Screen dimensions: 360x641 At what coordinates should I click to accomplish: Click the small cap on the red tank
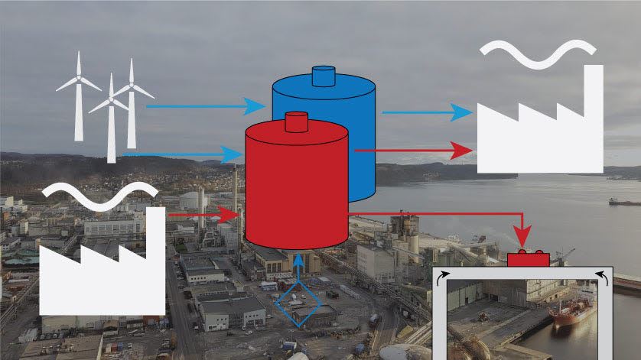(x=296, y=121)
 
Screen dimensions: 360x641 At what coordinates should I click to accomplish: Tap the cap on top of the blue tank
(x=324, y=76)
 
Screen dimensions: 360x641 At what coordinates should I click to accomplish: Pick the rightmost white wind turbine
(x=132, y=99)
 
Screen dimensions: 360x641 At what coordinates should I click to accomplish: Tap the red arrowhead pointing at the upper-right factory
(x=462, y=151)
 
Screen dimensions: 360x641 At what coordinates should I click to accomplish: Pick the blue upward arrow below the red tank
(x=298, y=264)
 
